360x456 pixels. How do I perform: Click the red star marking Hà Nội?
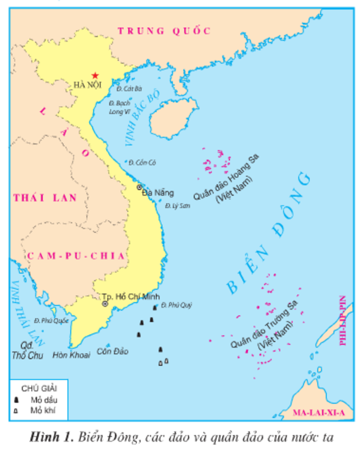click(95, 75)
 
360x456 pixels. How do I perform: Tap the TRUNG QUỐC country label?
click(164, 31)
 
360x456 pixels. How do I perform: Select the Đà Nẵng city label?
click(158, 193)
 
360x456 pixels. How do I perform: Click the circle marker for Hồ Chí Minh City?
click(105, 304)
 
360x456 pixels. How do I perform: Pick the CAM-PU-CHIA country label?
click(76, 256)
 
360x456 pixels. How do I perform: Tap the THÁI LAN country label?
click(45, 198)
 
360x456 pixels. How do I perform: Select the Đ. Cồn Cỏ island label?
click(142, 163)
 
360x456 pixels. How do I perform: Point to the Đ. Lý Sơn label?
click(178, 206)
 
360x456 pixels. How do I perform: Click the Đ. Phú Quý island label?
click(176, 305)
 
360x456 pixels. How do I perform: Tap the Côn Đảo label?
click(112, 352)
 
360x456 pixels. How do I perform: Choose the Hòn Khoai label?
click(72, 354)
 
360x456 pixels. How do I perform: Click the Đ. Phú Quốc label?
click(48, 321)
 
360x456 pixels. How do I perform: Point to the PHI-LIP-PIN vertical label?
click(343, 320)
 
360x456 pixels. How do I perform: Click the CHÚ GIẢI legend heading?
click(39, 388)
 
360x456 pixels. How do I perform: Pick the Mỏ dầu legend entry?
click(44, 400)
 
